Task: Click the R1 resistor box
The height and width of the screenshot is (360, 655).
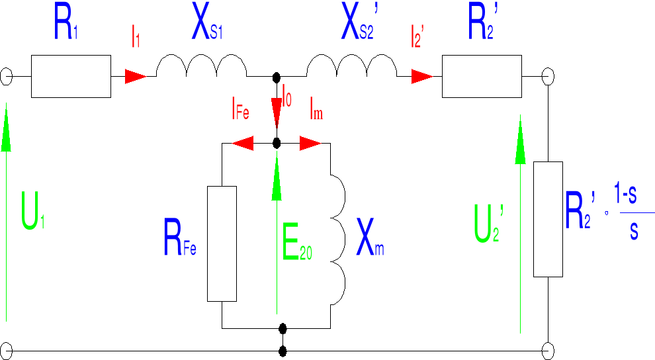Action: [71, 76]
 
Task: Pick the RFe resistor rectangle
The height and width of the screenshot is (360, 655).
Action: [222, 244]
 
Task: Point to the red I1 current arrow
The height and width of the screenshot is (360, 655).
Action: [136, 76]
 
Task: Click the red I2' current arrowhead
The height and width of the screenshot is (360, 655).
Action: [421, 76]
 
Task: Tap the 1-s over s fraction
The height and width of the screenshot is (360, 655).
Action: [633, 213]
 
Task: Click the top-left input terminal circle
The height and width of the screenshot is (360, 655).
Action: [5, 77]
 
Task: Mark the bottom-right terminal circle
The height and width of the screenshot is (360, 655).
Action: [548, 350]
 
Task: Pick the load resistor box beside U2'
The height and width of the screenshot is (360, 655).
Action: [548, 218]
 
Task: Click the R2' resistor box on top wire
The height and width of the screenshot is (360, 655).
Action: [482, 76]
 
